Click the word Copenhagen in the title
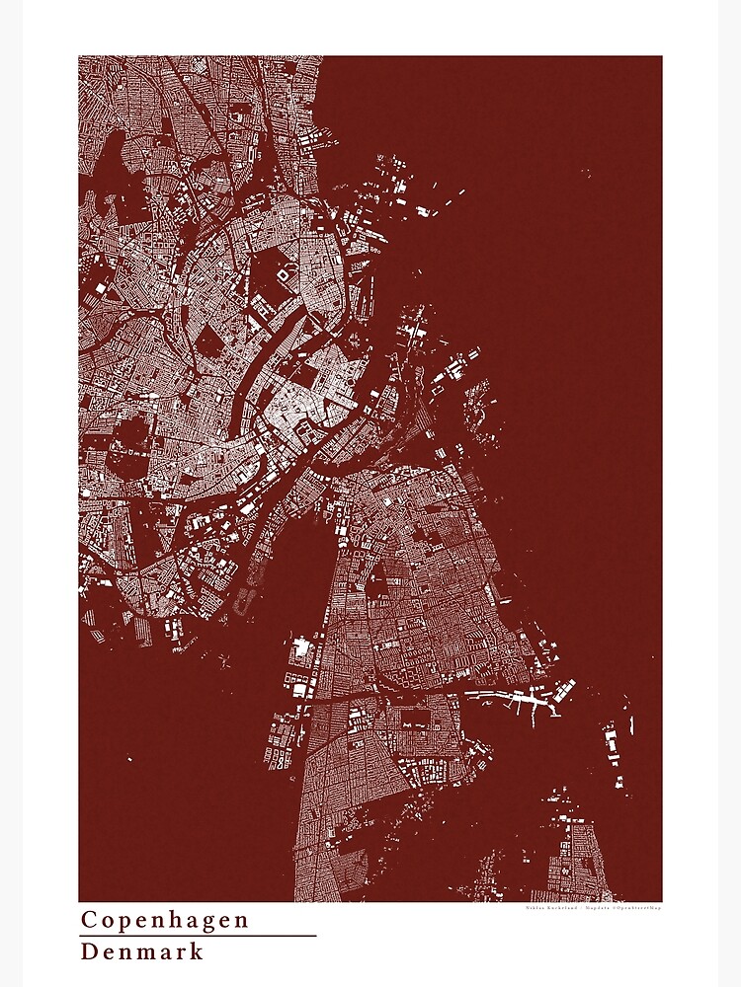pyautogui.click(x=164, y=920)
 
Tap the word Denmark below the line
pyautogui.click(x=142, y=951)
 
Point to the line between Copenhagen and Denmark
pyautogui.click(x=198, y=936)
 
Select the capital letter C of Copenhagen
pyautogui.click(x=88, y=920)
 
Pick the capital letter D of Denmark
pyautogui.click(x=89, y=951)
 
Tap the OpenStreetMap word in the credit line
pyautogui.click(x=638, y=909)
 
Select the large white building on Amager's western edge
pyautogui.click(x=301, y=651)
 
